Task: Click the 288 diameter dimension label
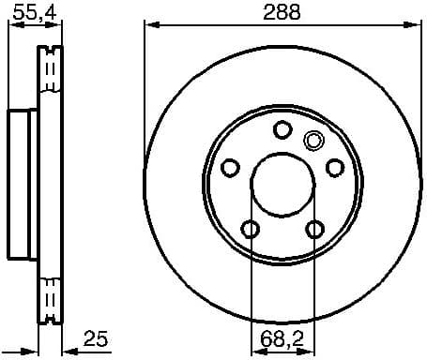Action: coord(282,11)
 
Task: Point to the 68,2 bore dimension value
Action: coord(282,337)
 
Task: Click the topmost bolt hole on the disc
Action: coord(282,130)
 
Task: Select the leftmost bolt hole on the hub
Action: coord(230,168)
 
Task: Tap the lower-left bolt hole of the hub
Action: coord(251,229)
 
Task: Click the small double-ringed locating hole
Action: coord(313,142)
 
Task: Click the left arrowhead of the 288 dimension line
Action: coord(149,25)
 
